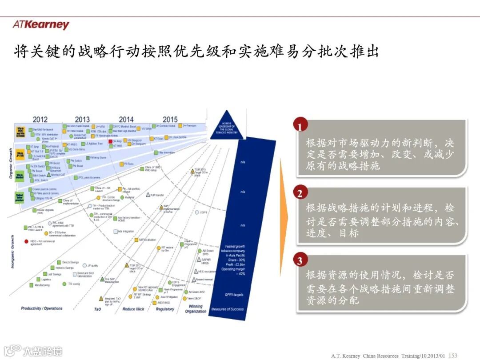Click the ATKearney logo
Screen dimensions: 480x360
point(41,24)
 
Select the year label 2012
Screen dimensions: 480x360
point(40,120)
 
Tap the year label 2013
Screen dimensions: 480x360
point(82,120)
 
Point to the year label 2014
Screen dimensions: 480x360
point(126,120)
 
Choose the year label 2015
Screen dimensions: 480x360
point(170,120)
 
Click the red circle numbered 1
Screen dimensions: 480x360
point(300,126)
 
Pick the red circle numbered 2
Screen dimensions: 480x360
point(300,193)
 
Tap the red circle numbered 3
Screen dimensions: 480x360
point(300,260)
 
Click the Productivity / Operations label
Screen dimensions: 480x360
point(42,308)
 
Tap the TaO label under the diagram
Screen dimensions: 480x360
point(98,309)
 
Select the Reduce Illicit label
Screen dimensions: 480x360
point(136,309)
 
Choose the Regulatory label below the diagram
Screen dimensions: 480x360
point(165,309)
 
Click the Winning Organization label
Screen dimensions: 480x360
point(196,309)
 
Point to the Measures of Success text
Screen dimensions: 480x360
point(228,309)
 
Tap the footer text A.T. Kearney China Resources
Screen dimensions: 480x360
point(366,356)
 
